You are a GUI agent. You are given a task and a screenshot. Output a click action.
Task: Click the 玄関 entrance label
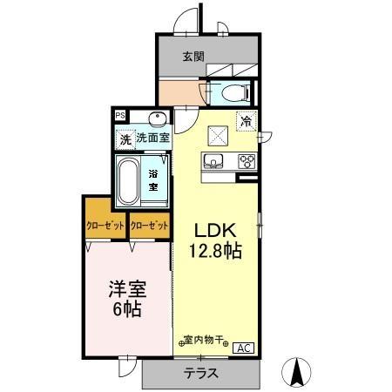[x=193, y=57]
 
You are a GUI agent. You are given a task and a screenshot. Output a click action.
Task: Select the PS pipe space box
[x=119, y=113]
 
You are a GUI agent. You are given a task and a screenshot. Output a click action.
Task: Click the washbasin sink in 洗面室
[x=157, y=119]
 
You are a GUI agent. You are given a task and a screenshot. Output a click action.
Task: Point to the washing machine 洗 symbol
[x=125, y=138]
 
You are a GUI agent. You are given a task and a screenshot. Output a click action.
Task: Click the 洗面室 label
[x=152, y=138]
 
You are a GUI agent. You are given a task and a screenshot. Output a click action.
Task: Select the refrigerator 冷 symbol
[x=247, y=122]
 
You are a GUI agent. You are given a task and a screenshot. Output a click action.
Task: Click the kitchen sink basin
[x=214, y=160]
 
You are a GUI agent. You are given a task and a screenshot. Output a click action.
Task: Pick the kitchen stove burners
[x=246, y=160]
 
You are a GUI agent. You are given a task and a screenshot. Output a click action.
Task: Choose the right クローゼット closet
[x=149, y=226]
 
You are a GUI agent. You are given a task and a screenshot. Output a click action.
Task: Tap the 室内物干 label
[x=204, y=341]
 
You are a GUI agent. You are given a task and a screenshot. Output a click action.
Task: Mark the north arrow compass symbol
[x=299, y=372]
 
